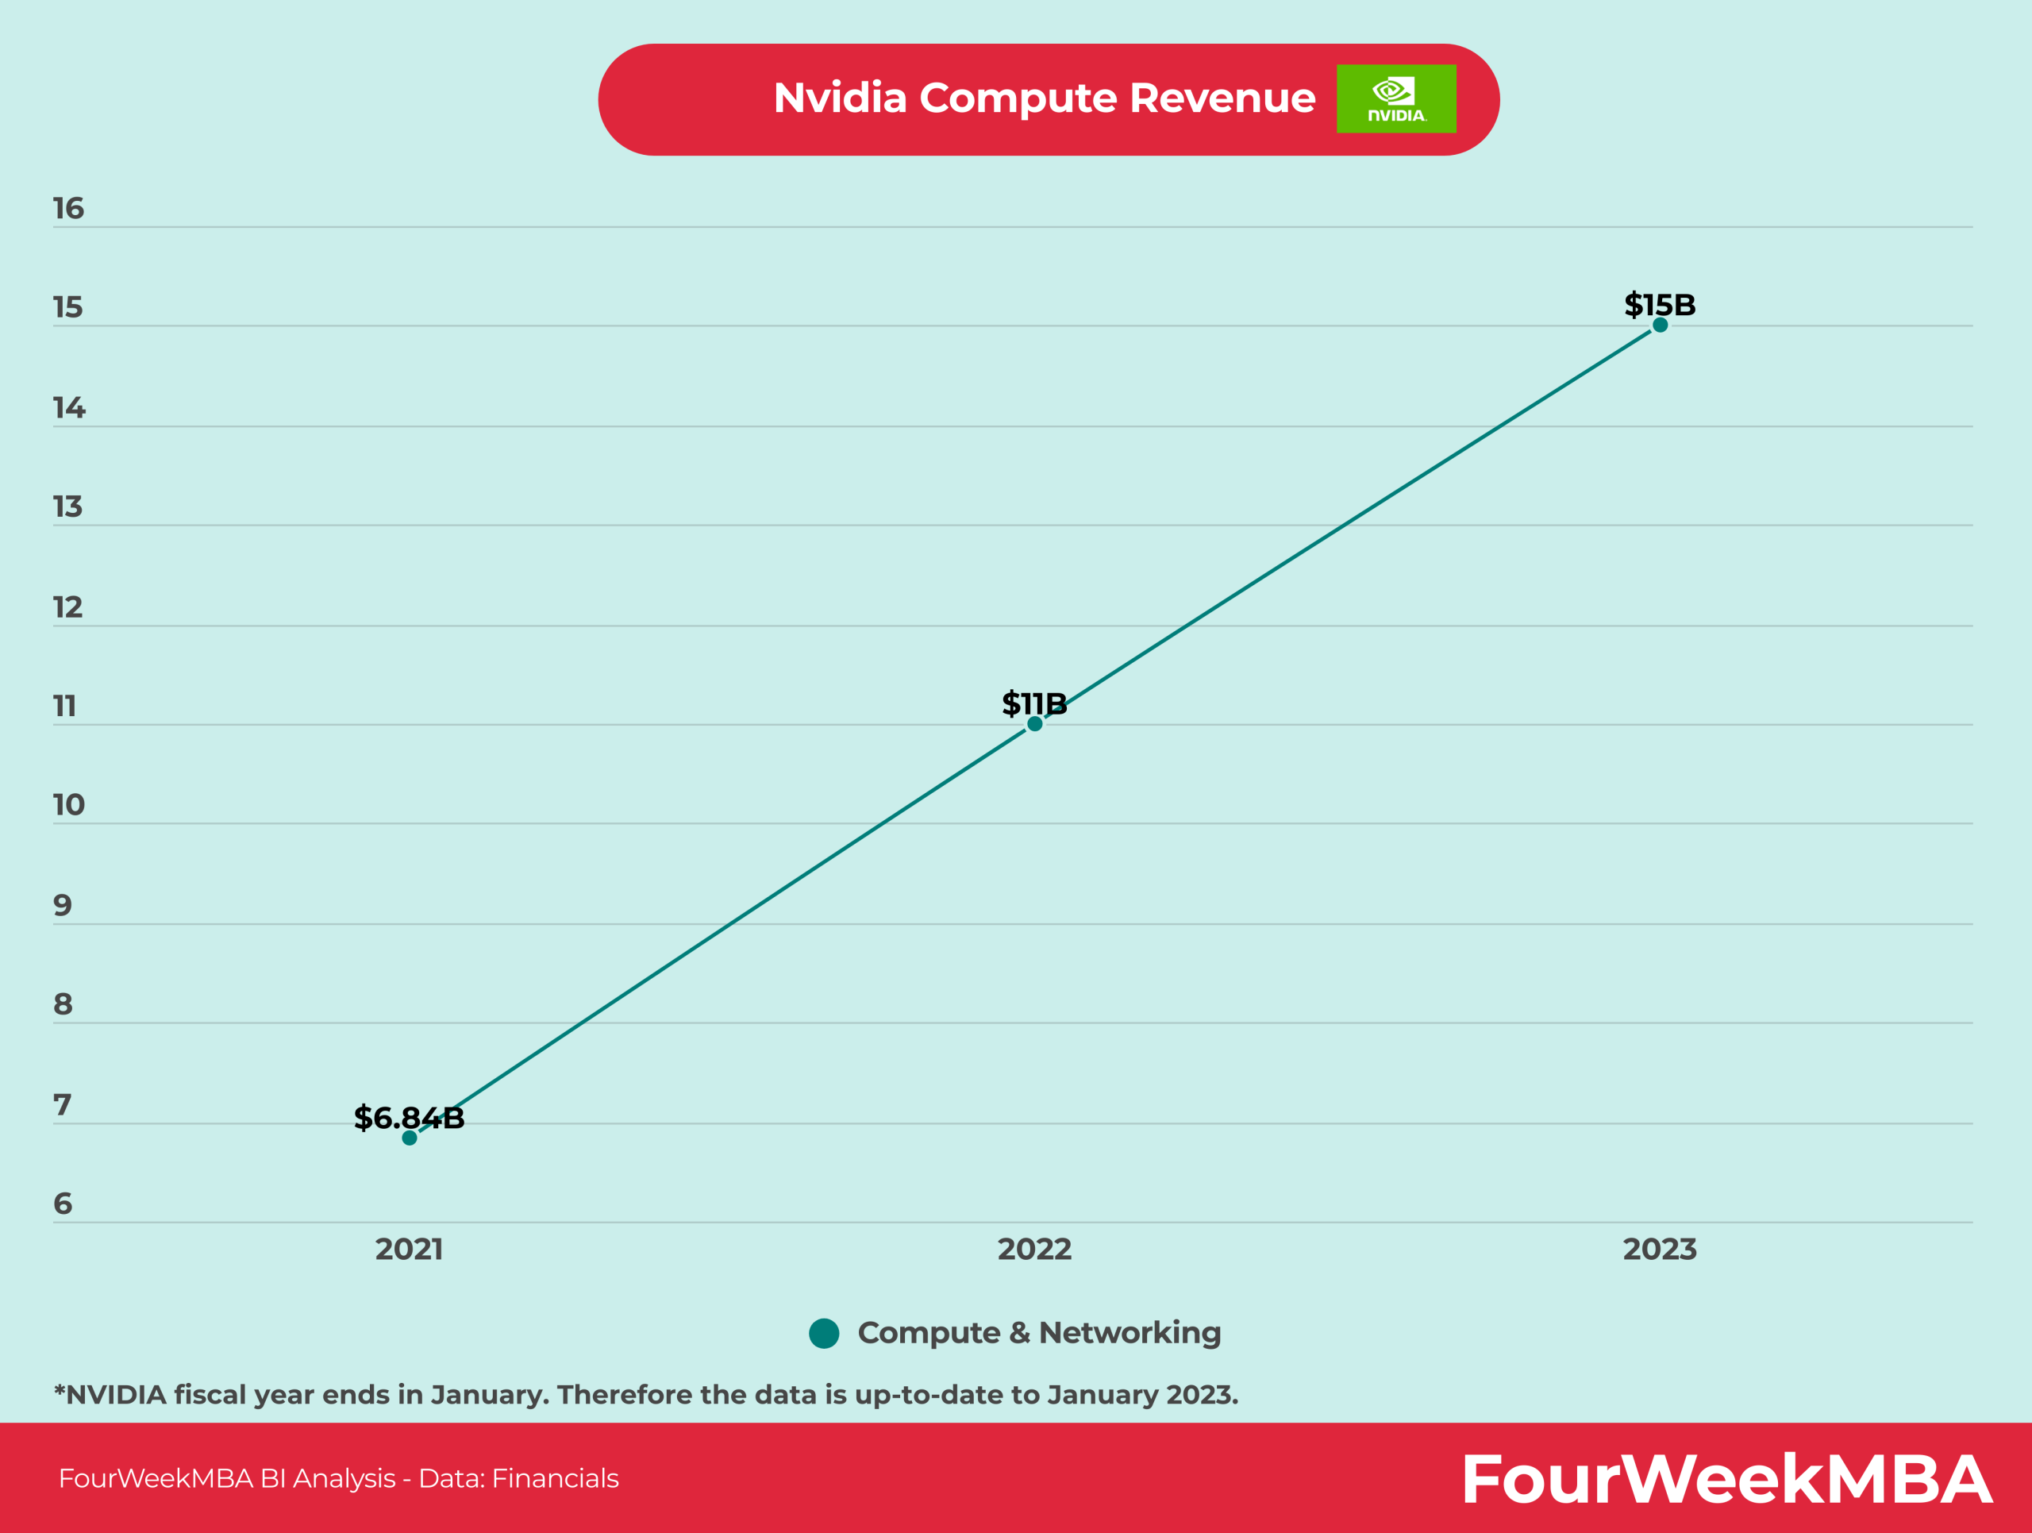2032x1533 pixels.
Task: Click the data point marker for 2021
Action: click(410, 1138)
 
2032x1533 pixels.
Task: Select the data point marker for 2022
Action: click(1034, 724)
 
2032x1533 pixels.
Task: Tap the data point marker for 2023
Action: click(1660, 325)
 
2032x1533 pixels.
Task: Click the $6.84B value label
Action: click(409, 1118)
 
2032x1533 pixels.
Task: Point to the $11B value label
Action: click(1034, 703)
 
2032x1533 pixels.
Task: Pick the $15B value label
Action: click(1659, 304)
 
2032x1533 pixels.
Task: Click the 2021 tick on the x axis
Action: click(409, 1249)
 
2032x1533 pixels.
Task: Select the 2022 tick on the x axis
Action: click(1034, 1249)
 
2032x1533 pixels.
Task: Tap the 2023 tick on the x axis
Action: click(1659, 1249)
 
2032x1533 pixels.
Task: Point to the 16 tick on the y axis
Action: click(68, 209)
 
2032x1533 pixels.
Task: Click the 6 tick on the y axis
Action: click(63, 1204)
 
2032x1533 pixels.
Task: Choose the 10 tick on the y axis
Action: click(68, 805)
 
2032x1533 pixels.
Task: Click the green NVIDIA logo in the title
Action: click(1395, 99)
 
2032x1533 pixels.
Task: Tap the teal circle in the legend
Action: click(824, 1333)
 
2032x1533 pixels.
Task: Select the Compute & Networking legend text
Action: click(1039, 1332)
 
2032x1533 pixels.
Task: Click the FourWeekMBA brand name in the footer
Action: click(1725, 1479)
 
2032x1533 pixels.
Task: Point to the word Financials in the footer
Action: click(555, 1478)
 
